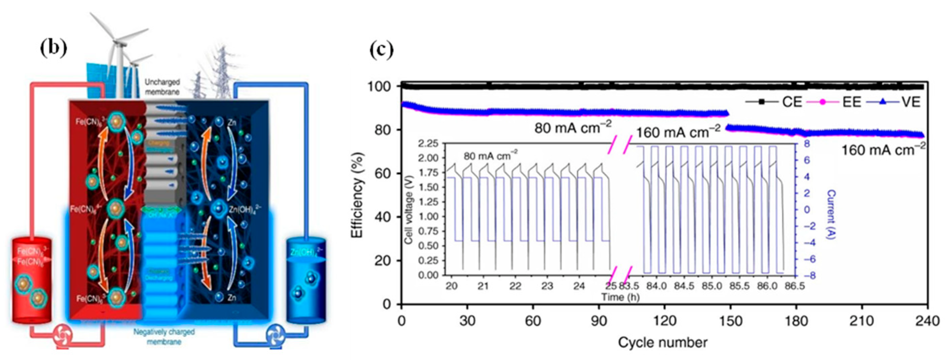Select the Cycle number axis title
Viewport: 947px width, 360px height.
point(662,343)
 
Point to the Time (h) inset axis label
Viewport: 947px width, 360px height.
point(620,297)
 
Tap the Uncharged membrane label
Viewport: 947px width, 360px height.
point(162,86)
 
